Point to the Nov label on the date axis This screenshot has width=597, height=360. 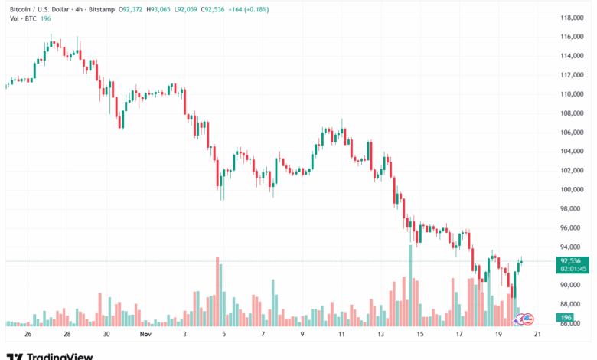coord(145,335)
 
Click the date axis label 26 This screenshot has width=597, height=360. coord(28,335)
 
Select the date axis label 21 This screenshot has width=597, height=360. coord(538,335)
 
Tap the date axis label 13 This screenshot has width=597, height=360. coord(380,335)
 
